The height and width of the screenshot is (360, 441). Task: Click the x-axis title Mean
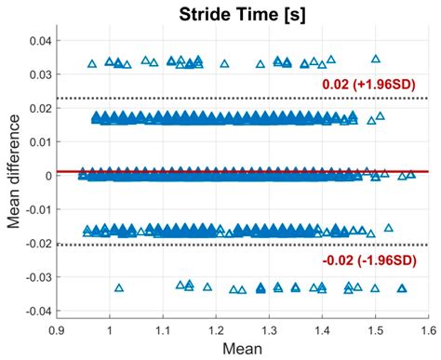click(242, 349)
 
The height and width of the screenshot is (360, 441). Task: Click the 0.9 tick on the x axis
click(57, 327)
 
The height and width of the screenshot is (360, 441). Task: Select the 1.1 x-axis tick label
click(163, 327)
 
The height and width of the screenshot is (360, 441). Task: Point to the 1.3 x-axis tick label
click(269, 327)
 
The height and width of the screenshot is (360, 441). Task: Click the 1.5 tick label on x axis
click(375, 327)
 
